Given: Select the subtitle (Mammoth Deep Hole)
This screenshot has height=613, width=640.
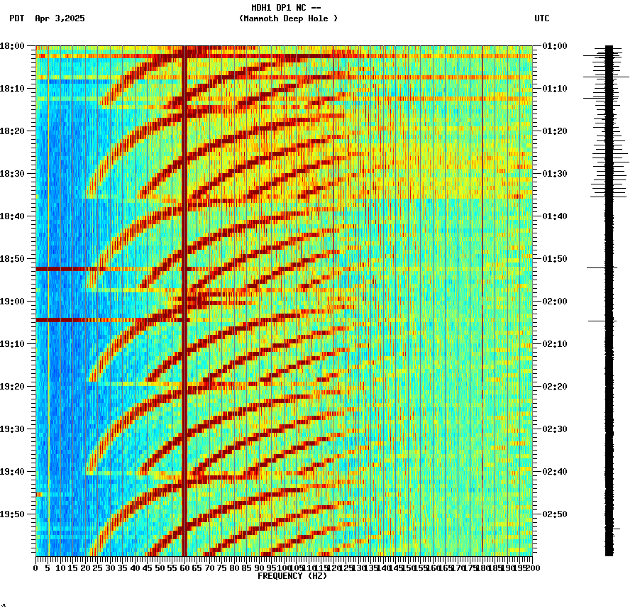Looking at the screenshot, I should point(288,18).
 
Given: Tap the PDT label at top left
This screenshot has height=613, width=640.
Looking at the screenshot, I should point(16,18).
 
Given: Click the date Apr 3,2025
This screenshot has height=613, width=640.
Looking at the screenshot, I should point(60,18).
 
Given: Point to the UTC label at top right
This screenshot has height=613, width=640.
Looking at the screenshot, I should point(541,18).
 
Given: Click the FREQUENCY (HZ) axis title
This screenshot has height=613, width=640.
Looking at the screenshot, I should point(292,576).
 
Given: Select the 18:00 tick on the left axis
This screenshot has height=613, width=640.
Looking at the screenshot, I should point(13,46).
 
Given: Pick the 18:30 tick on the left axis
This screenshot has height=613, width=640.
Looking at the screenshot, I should point(13,174).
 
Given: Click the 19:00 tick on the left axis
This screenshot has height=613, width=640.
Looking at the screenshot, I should point(13,302).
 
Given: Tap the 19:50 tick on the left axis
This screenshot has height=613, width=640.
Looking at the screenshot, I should point(13,514).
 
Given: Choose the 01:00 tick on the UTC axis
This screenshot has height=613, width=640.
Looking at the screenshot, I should point(553,46).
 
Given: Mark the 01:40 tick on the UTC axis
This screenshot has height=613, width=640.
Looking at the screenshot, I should point(553,216).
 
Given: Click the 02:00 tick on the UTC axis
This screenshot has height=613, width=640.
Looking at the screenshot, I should point(553,302).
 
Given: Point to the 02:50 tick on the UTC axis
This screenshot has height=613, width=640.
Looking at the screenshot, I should point(553,514).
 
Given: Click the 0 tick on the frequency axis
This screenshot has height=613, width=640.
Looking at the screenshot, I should point(36,568).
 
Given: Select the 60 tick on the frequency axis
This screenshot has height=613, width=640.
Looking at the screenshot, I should point(184,568).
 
